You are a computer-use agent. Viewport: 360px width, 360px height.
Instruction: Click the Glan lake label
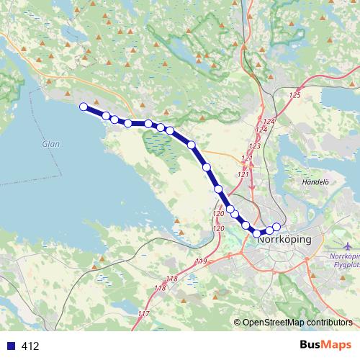coord(50,143)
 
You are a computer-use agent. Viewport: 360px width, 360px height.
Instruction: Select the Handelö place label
coord(314,183)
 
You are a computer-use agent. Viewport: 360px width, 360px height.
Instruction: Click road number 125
coord(294,95)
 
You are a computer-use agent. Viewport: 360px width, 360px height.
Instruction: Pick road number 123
coord(254,145)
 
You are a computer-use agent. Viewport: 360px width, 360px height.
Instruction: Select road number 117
coord(143,314)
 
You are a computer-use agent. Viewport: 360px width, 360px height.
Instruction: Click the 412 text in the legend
coord(31,346)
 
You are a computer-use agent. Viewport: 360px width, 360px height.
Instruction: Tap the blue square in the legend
coord(11,346)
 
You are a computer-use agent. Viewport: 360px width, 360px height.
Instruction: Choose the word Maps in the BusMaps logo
coord(336,346)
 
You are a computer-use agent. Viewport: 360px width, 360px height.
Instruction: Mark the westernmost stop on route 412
coord(84,107)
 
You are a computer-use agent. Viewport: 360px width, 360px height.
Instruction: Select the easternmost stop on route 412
coord(276,228)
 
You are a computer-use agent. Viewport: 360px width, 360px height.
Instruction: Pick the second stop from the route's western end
coord(106,116)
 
